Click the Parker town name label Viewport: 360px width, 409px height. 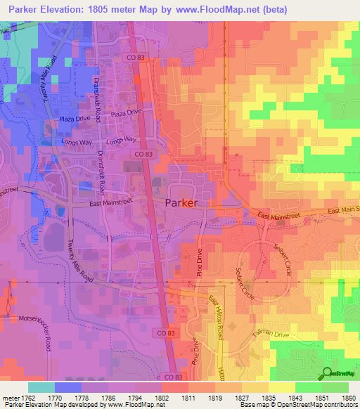click(x=181, y=203)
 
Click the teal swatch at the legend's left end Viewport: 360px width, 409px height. click(x=41, y=387)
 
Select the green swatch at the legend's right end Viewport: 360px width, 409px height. click(x=335, y=387)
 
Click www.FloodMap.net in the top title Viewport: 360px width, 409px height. click(x=214, y=9)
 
